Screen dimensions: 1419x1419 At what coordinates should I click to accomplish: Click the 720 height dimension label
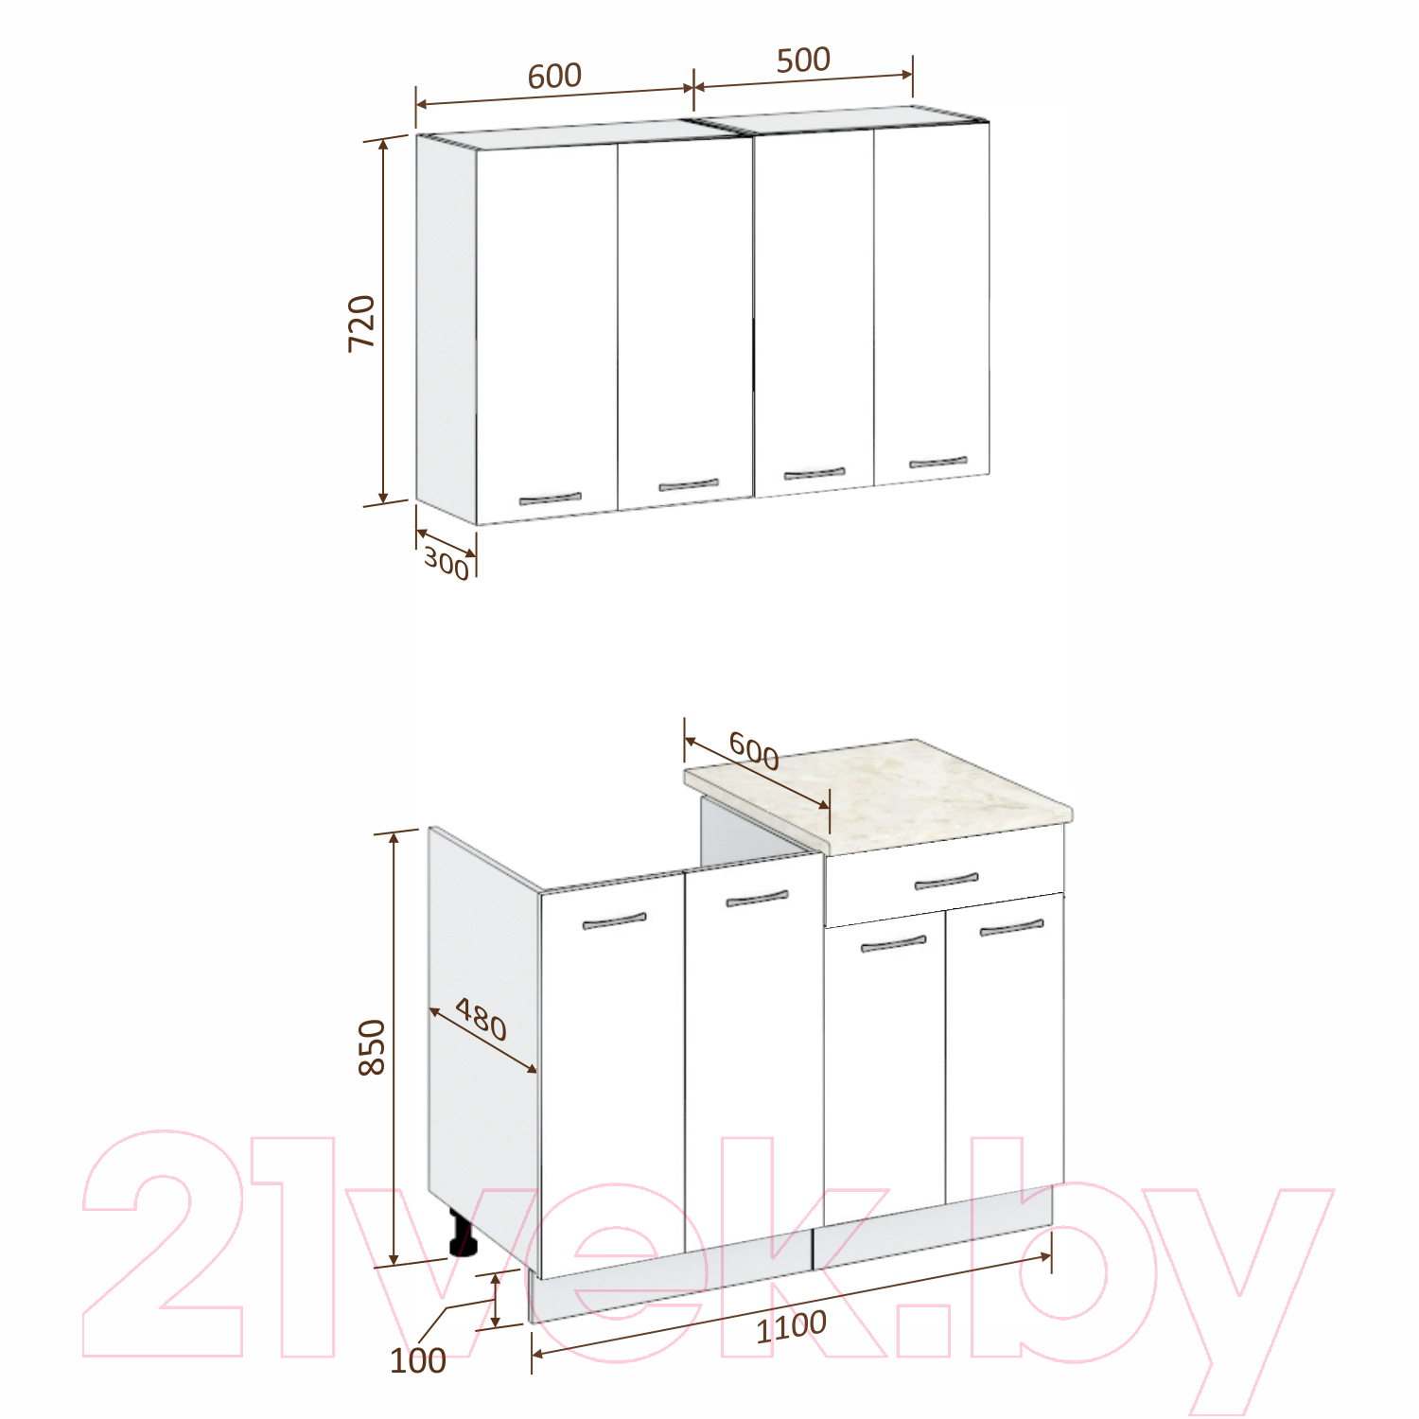(362, 324)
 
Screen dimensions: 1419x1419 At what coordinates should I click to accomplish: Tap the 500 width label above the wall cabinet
(803, 60)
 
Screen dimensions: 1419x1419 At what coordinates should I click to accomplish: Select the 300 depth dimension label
(447, 564)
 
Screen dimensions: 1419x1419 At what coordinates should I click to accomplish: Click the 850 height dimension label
(372, 1046)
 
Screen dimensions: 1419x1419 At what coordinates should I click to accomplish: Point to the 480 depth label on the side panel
(482, 1019)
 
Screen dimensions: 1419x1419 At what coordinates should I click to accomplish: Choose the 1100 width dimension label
(791, 1326)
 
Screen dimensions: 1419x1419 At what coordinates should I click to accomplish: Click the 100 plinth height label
(418, 1360)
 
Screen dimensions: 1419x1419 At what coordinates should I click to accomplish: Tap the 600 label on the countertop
(754, 752)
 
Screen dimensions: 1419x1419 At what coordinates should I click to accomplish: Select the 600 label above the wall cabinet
(554, 76)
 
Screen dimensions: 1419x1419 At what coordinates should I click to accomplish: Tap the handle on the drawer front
(946, 882)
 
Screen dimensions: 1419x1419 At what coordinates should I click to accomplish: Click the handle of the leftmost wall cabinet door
(551, 499)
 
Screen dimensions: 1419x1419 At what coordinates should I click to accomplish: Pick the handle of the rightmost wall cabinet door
(938, 463)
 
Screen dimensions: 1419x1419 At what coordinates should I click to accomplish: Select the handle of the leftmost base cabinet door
(615, 920)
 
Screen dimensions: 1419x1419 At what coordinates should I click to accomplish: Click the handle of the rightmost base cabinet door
(1011, 928)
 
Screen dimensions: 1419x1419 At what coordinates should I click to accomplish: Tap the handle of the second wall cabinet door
(689, 485)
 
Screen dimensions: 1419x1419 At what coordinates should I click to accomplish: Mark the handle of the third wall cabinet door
(815, 473)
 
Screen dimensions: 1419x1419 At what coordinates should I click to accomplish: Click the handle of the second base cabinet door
(757, 898)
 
